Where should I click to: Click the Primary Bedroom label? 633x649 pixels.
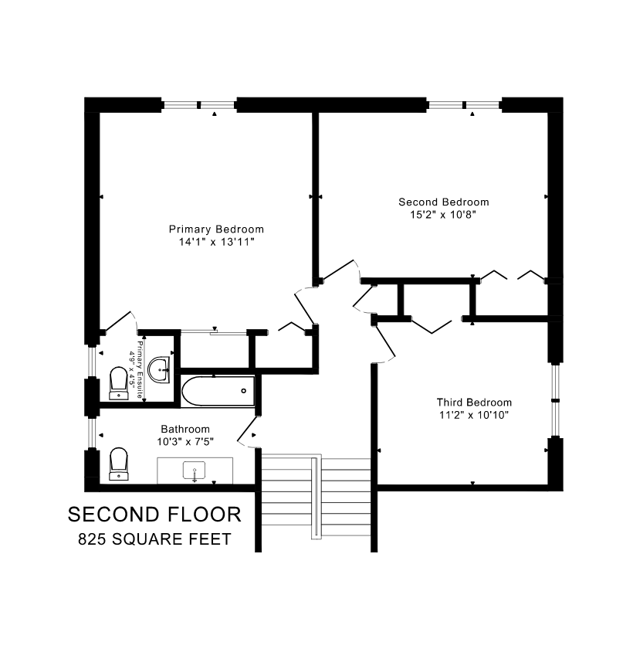coord(216,229)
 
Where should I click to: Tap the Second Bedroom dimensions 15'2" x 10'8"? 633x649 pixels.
coord(443,215)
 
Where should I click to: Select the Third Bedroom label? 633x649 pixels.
coord(474,403)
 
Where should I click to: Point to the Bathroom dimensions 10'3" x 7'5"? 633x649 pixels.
coord(185,442)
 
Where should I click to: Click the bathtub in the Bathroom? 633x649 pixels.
coord(218,391)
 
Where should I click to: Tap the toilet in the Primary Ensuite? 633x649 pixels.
coord(119,383)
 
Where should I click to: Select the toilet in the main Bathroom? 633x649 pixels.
coord(119,464)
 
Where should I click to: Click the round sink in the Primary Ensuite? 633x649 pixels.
coord(159,369)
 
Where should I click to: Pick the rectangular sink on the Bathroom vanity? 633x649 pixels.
coord(195,472)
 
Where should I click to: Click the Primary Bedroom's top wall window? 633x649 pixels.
coord(199,105)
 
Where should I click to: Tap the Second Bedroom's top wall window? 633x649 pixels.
coord(464,105)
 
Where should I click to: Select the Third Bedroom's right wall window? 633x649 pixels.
coord(555,400)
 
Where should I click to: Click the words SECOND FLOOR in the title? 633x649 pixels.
coord(154,515)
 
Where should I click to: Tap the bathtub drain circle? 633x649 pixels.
coord(243,391)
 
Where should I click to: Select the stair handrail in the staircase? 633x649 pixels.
coord(316,497)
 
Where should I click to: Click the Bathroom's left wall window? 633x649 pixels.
coord(92,433)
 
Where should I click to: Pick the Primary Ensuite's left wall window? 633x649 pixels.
coord(92,361)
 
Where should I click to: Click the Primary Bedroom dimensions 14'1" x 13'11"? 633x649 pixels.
coord(216,242)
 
